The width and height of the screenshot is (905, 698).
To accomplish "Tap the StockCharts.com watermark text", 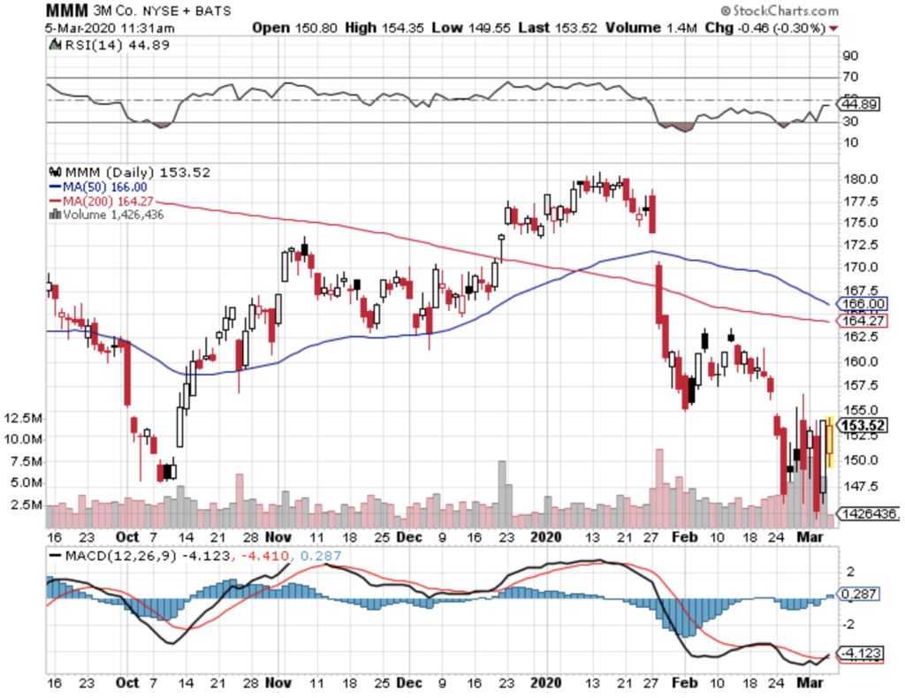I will click(781, 11).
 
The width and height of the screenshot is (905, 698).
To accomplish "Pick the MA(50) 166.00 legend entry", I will click(96, 187).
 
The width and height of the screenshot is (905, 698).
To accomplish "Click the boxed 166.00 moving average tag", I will click(858, 303).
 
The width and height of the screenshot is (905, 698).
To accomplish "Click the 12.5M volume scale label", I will click(23, 417).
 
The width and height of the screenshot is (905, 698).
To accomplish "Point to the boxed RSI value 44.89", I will click(858, 104).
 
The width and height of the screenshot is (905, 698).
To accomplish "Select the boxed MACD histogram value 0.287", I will click(858, 596).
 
